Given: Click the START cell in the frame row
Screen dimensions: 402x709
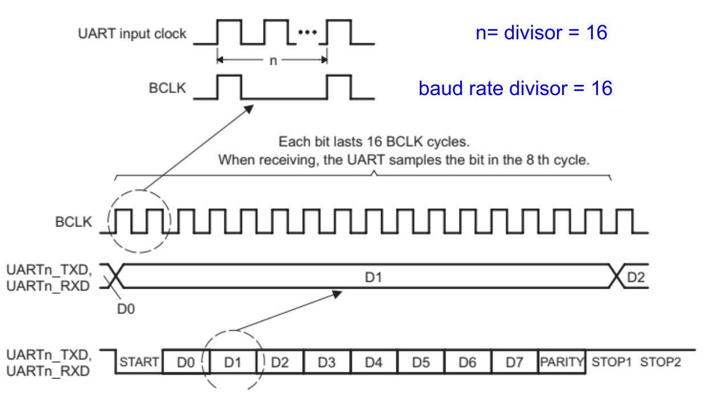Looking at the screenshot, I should coord(138,362).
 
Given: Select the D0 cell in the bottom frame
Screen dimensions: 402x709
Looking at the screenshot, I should coord(186,362).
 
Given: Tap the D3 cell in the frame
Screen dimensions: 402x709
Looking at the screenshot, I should coord(326,362).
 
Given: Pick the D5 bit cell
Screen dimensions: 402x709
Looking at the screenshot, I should coord(420,362).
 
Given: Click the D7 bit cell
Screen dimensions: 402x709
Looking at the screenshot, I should coord(514,362).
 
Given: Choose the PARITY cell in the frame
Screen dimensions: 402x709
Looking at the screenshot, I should coord(562,362).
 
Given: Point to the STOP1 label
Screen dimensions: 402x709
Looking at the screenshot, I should coord(612,362).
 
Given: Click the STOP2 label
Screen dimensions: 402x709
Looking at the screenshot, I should coord(661,362).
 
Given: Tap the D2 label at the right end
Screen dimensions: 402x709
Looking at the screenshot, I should coord(636,277).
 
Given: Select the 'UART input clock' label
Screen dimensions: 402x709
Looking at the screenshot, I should coord(132,34).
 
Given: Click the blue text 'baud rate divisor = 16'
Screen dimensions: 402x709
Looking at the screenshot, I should coord(515,88).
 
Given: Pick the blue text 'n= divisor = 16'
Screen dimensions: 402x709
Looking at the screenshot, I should coord(541,33).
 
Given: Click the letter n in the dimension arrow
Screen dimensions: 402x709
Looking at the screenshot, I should coord(273,60).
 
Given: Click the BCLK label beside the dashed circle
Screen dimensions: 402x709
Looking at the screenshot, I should coord(73,222).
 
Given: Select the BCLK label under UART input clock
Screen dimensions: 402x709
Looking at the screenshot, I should coord(167,89).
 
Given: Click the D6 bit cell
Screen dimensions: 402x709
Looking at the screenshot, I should coord(467,362).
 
